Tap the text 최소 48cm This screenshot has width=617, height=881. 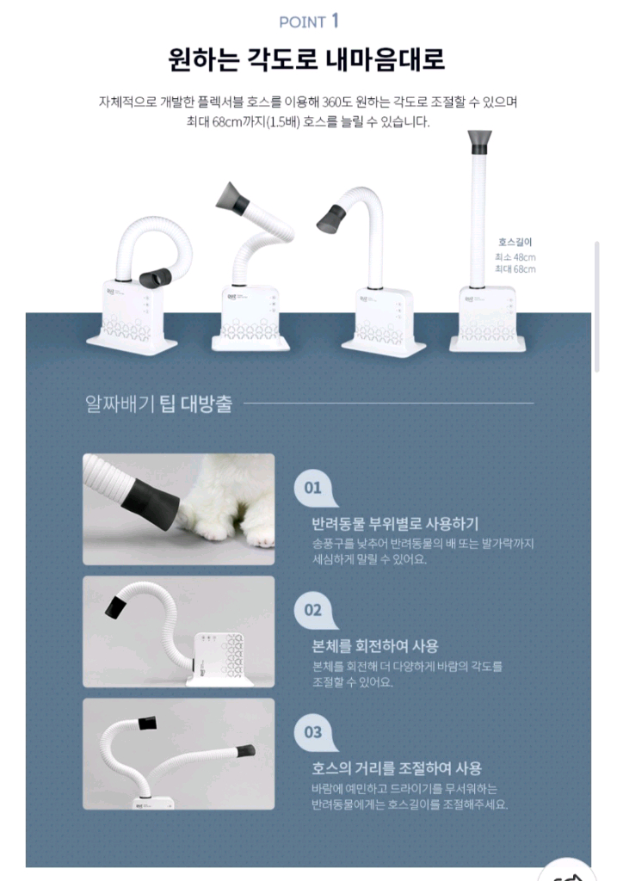[515, 257]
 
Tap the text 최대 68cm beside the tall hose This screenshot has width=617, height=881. [515, 269]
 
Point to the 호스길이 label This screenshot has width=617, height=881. [515, 243]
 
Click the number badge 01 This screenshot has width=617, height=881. [313, 488]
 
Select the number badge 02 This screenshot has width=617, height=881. [313, 610]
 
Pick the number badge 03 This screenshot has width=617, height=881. [313, 732]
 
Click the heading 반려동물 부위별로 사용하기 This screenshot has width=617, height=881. [395, 523]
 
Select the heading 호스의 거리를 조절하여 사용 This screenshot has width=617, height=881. [397, 768]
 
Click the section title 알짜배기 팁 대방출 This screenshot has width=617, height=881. [159, 404]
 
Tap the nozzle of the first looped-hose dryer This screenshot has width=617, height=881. [155, 277]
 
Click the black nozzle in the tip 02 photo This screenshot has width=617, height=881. [115, 607]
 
